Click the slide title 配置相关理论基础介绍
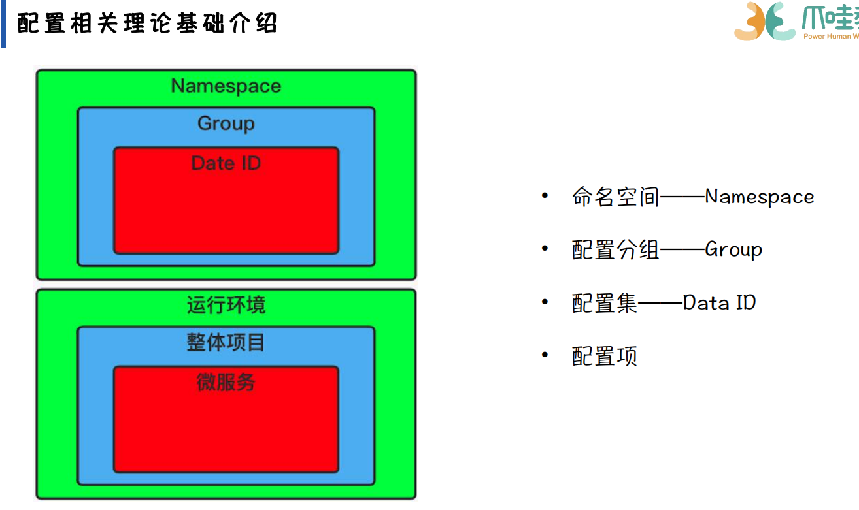coord(148,23)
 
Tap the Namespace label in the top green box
coord(226,86)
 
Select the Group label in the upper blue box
coord(226,123)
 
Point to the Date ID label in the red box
coord(226,163)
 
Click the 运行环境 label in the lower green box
coord(226,305)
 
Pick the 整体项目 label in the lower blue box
coord(226,342)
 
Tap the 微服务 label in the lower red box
coord(226,382)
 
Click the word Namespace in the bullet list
coord(760,197)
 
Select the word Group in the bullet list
coord(733,250)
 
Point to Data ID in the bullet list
coord(719,303)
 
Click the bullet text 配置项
coord(605,357)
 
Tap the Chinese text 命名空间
coord(616,197)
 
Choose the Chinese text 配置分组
coord(616,250)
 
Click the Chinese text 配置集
coord(605,303)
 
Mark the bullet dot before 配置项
coord(545,355)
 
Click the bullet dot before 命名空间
coord(545,196)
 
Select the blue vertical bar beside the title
coord(3,24)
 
